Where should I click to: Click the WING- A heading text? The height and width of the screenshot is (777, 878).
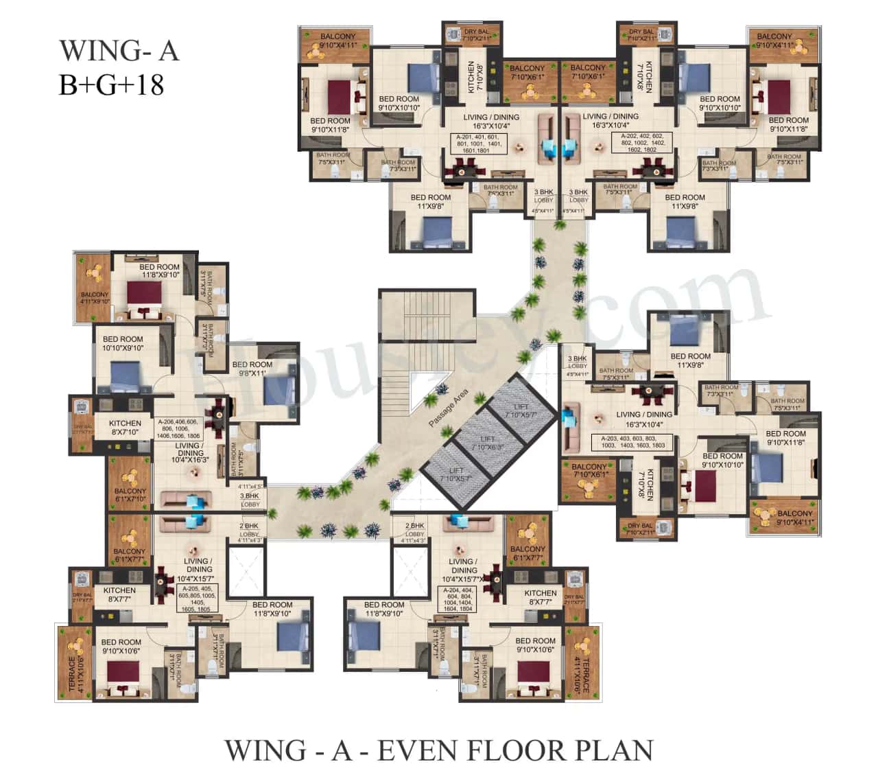[119, 51]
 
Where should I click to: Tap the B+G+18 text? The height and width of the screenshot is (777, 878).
[111, 85]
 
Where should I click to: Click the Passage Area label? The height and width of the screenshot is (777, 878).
[448, 408]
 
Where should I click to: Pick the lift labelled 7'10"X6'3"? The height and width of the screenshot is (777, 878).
[487, 443]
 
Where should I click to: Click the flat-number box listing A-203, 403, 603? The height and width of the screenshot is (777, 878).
[633, 442]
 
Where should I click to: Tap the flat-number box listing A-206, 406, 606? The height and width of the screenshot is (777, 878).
[178, 429]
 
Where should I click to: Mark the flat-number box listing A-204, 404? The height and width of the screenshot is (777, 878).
[458, 599]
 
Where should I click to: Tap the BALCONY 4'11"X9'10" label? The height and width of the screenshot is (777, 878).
[95, 298]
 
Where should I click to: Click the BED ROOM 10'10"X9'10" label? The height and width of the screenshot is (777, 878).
[123, 343]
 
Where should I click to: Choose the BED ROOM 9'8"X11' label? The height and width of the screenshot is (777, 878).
[252, 369]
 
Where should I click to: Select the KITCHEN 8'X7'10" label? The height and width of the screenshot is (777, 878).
[125, 428]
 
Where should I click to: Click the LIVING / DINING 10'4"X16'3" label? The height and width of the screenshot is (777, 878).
[189, 453]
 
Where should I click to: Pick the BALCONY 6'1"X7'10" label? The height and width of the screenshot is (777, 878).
[130, 495]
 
